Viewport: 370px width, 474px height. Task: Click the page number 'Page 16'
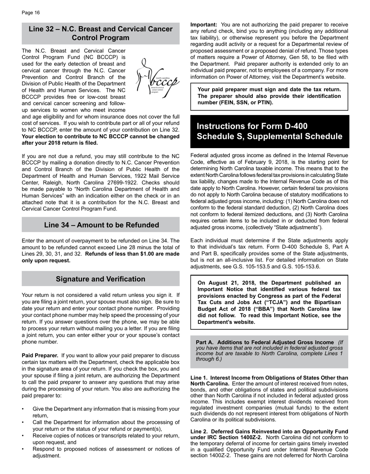(31, 13)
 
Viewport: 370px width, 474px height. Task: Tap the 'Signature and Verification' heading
(100, 279)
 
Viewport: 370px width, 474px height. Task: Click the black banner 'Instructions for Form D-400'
(252, 126)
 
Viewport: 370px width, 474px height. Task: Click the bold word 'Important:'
(204, 25)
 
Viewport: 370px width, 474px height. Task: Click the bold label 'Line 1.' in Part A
(200, 378)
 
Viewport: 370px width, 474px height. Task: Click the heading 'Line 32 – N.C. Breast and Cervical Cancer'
(100, 29)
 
